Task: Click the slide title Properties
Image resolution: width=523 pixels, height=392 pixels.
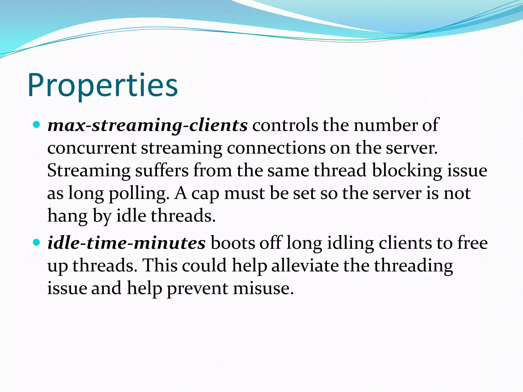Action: point(103,85)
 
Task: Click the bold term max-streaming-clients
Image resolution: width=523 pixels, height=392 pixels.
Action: point(147,126)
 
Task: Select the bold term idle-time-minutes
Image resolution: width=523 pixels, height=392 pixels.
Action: point(126,243)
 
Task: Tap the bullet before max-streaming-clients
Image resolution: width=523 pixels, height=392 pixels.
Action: point(37,125)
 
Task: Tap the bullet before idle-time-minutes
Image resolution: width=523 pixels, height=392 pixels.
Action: point(37,242)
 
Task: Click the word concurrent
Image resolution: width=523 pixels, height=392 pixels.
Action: point(92,148)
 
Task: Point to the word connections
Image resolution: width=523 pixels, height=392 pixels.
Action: point(276,148)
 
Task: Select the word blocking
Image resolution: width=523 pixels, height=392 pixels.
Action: point(407,170)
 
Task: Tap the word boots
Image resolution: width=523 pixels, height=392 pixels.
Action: point(233,243)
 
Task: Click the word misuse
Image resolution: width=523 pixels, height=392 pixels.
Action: point(263,288)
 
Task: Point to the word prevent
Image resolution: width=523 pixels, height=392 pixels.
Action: point(198,288)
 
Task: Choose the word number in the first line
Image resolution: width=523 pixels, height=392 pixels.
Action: point(385,126)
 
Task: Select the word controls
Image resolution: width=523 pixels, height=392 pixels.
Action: point(285,126)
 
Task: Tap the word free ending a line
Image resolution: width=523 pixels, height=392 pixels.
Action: point(472,243)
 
